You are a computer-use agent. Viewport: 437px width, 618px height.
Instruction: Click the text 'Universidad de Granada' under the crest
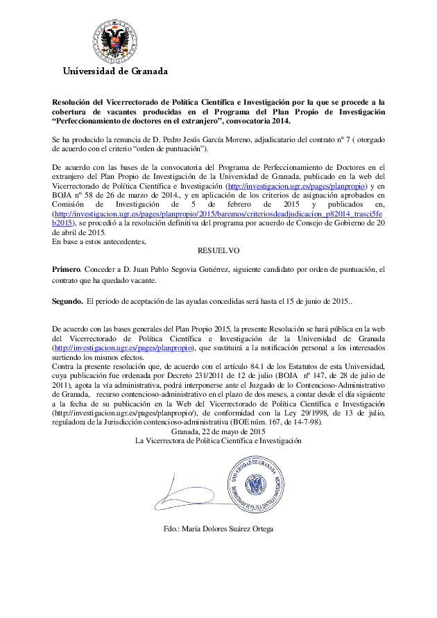[115, 71]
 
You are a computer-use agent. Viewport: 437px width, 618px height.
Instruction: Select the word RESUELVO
[218, 250]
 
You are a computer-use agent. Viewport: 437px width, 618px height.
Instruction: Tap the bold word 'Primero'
[66, 268]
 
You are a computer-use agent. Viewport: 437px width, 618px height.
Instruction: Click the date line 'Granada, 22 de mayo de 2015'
[218, 431]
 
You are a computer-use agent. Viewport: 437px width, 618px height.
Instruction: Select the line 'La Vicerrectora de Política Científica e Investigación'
[218, 440]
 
